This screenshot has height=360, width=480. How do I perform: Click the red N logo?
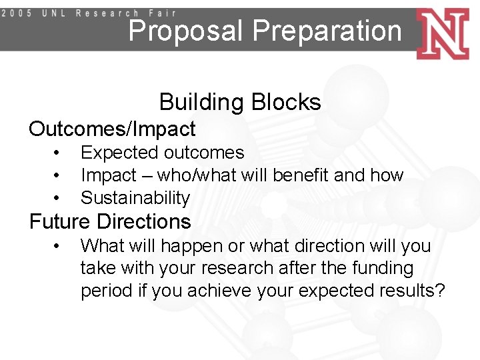pos(443,33)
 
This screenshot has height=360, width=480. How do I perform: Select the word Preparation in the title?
pos(327,31)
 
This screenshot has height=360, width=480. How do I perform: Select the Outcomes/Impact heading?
pos(112,128)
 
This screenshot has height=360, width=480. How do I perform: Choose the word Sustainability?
pos(135,198)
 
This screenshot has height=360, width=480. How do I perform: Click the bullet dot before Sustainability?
pos(59,198)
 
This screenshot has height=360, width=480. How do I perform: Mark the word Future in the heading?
pos(62,221)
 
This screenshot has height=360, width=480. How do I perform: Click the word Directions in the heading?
pos(145,221)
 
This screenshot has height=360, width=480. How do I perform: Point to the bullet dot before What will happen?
pos(59,245)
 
